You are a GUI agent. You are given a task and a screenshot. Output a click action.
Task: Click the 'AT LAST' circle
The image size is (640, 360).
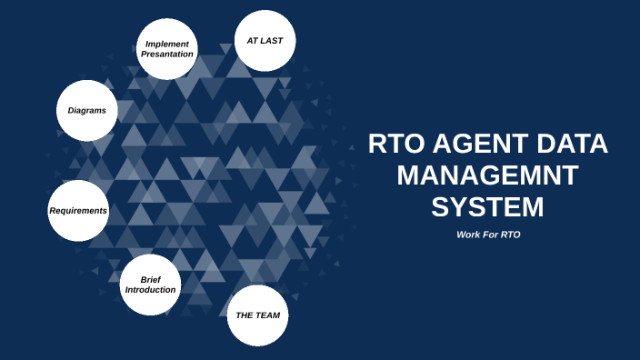[265, 42]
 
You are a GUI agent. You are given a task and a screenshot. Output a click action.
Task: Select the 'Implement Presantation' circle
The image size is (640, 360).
[166, 49]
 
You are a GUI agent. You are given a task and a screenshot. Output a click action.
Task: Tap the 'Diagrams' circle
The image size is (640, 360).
[87, 111]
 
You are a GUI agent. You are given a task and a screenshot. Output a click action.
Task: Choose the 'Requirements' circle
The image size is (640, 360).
[78, 210]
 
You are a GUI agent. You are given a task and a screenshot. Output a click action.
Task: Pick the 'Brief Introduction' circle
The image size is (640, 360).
[150, 285]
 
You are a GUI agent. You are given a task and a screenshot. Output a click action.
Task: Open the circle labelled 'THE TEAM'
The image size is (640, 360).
[257, 315]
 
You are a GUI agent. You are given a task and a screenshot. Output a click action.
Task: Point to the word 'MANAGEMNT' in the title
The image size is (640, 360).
[487, 175]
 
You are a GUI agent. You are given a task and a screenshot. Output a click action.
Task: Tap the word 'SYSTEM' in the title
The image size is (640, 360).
[487, 206]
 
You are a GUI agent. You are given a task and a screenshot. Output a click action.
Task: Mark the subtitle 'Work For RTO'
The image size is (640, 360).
[487, 235]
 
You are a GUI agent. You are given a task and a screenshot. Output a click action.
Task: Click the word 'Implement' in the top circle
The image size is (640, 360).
[166, 44]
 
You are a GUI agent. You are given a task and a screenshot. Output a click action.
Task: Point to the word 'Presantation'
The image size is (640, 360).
[166, 55]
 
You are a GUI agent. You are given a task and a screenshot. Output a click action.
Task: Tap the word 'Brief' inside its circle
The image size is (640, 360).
[150, 279]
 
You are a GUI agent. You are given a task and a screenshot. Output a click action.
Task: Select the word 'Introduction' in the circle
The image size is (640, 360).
[150, 290]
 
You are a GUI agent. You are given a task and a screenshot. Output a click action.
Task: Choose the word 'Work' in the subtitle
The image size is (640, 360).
[469, 235]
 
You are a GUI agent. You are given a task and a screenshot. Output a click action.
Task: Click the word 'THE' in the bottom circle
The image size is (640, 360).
[244, 315]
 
